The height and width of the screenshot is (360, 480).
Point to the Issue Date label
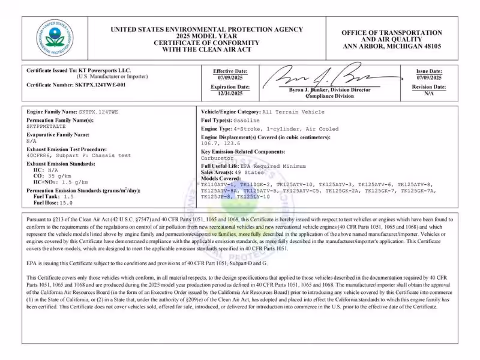point(429,71)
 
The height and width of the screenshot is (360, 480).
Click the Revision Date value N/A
point(429,94)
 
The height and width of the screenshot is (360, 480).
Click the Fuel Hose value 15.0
point(63,203)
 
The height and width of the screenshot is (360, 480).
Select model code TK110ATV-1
point(218,184)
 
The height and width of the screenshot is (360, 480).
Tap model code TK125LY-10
point(253,197)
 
